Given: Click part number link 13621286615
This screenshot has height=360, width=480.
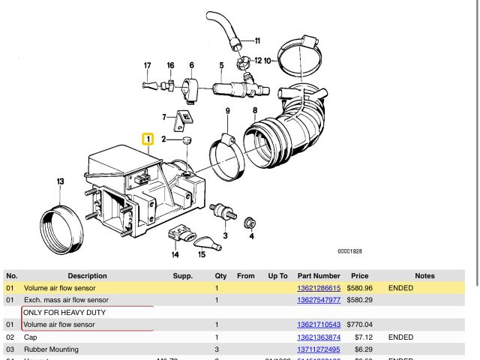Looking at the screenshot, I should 319,288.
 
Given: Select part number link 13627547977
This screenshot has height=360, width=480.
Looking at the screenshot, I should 319,300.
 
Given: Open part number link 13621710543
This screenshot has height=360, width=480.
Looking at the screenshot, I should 319,325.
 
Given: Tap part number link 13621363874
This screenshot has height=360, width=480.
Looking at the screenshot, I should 319,337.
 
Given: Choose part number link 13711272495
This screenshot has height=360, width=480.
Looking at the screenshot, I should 319,349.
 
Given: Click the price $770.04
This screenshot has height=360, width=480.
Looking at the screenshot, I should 359,325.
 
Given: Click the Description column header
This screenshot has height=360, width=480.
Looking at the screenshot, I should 87,276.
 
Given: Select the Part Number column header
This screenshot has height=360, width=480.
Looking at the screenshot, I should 319,276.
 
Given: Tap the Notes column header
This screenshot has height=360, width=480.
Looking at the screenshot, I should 424,276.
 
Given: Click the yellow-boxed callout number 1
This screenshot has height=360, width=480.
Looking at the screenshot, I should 148,139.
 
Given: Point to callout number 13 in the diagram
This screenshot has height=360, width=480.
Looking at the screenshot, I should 60,181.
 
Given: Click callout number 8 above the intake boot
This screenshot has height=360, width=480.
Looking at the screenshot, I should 255,110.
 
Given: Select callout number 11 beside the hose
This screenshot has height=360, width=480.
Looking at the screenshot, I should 256,40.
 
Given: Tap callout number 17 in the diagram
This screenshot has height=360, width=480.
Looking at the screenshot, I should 148,66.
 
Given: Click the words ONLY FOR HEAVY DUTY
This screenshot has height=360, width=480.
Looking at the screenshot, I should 64,312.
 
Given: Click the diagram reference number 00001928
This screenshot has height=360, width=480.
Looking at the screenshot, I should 349,251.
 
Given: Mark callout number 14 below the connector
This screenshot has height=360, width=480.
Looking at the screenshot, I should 175,254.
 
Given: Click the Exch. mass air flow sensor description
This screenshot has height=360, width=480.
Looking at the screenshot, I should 66,300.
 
